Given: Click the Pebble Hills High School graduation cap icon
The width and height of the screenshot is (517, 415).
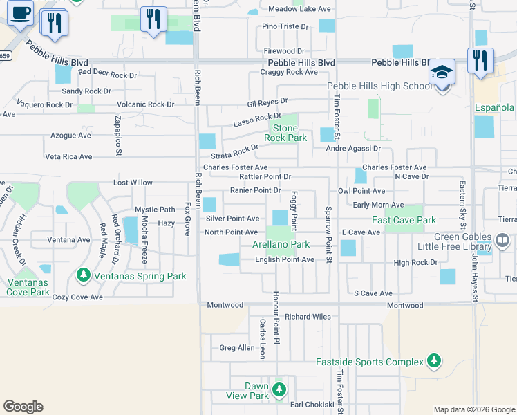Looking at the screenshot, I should (x=441, y=72).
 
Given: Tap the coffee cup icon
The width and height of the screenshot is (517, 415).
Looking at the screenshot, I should (x=21, y=12).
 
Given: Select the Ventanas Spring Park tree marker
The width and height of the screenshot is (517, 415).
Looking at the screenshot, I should (x=84, y=276).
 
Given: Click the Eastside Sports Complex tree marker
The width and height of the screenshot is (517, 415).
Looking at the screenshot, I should (x=433, y=362).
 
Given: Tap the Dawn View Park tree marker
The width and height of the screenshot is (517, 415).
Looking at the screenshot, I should (x=279, y=389).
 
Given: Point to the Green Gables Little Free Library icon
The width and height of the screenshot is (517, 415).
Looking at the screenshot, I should (x=502, y=241).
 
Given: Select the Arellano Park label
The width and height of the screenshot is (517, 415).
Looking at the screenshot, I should (x=281, y=244).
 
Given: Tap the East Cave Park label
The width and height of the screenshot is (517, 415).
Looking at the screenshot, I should (x=404, y=220).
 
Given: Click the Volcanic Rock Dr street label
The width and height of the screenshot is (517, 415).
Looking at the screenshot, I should (x=145, y=104).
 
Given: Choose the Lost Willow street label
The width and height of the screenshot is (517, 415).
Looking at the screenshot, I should (x=133, y=183).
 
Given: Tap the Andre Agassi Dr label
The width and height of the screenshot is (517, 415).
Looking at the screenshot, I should (x=353, y=148).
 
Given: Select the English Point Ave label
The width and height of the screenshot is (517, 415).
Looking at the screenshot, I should (x=285, y=259).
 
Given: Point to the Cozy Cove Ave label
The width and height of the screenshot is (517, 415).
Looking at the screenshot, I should (x=77, y=297).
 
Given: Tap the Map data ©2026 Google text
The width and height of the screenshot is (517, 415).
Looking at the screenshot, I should (x=473, y=409).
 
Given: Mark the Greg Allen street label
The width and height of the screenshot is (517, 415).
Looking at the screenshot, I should (x=237, y=348).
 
